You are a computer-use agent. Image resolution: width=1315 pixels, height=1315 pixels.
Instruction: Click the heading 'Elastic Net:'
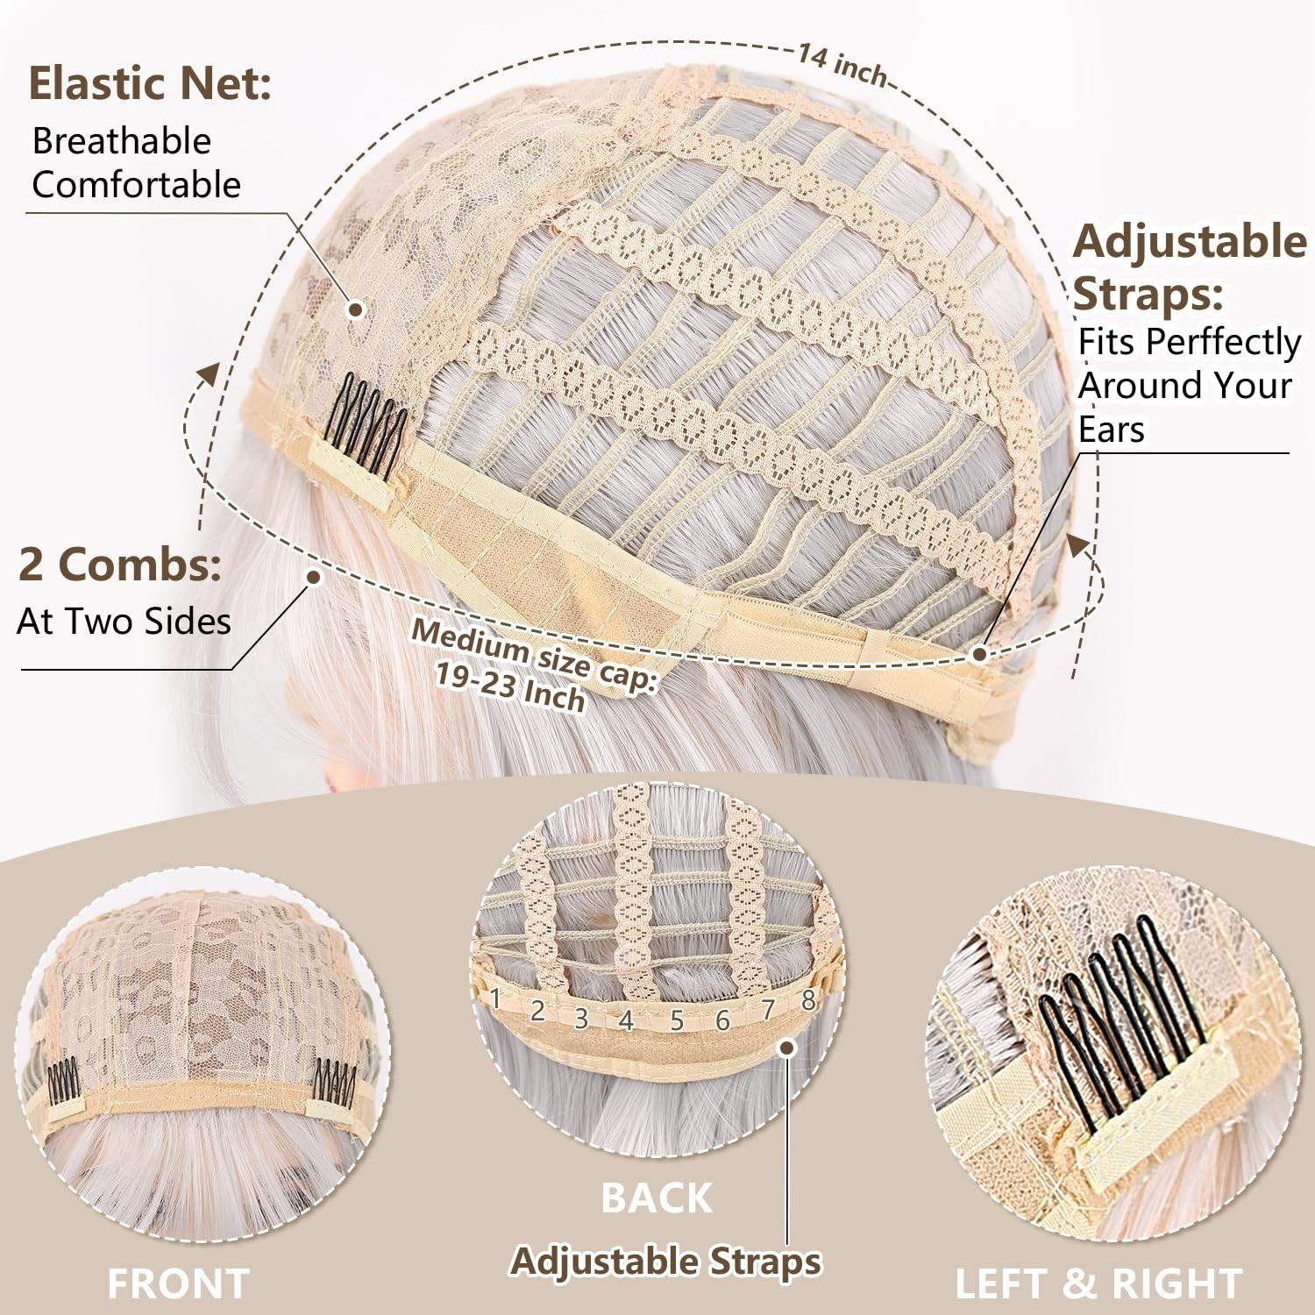(x=150, y=83)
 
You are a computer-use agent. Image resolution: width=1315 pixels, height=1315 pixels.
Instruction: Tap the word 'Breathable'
(x=122, y=141)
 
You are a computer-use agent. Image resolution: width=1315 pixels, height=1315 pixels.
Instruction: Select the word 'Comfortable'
(x=136, y=185)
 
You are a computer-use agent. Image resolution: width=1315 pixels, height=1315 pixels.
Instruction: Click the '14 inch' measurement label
(x=842, y=64)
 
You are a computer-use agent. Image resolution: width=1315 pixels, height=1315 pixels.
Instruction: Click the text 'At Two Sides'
(x=124, y=622)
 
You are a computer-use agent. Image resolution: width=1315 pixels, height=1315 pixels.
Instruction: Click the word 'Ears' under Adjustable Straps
(x=1112, y=430)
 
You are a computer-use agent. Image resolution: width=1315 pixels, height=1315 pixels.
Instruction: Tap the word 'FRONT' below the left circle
(x=178, y=1283)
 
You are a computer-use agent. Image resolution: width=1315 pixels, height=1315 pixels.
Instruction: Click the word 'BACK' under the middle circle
(x=657, y=1198)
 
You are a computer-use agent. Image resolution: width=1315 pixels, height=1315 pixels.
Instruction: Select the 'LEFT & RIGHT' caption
(x=1098, y=1283)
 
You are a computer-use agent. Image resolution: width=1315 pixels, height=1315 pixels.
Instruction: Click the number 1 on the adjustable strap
(x=495, y=998)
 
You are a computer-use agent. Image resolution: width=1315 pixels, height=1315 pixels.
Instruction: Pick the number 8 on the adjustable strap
(x=808, y=999)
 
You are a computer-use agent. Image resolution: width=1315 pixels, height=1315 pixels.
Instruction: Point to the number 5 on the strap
(x=677, y=1020)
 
